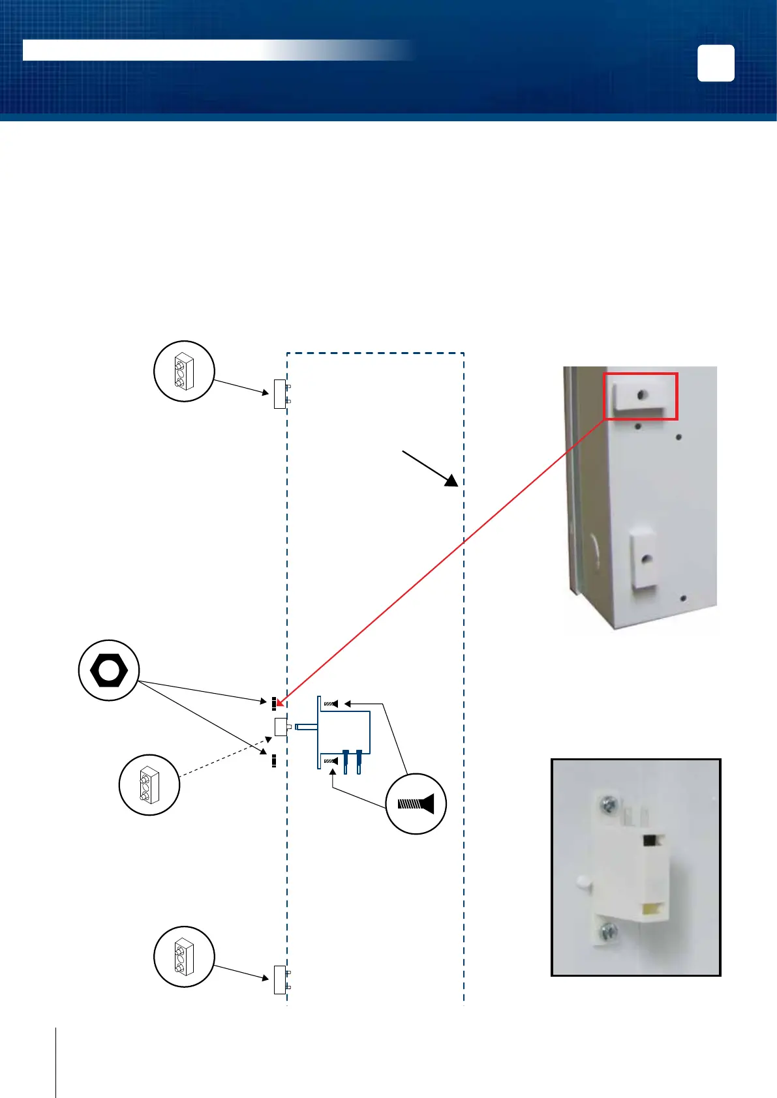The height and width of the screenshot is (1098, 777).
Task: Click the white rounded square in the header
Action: (x=716, y=63)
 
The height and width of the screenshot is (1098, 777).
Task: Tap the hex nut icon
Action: (x=108, y=670)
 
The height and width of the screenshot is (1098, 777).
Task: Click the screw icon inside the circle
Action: (x=416, y=803)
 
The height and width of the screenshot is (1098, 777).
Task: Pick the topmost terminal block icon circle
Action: (x=184, y=371)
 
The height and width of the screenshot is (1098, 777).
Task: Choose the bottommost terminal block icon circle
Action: (x=184, y=957)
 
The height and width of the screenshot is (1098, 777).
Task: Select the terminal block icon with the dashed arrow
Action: (x=149, y=784)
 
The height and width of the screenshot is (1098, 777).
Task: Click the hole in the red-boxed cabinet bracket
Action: (x=643, y=394)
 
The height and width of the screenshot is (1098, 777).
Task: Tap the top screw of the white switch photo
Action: (x=608, y=807)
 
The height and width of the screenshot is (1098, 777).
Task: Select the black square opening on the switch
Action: (x=650, y=840)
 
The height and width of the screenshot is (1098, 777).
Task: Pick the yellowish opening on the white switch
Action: (x=650, y=908)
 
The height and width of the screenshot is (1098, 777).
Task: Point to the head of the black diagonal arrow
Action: (x=451, y=482)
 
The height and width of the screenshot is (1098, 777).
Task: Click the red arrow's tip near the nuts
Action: (x=279, y=705)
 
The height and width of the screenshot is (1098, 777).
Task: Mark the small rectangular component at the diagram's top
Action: (x=280, y=394)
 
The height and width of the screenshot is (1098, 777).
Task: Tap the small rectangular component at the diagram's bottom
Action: (x=280, y=979)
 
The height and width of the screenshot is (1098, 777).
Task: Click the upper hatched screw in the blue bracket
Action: (x=331, y=704)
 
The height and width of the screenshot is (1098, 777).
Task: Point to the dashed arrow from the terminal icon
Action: (x=225, y=757)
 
